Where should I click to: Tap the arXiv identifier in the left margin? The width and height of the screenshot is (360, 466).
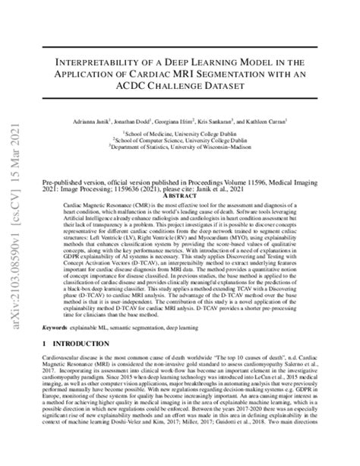(x=13, y=304)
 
